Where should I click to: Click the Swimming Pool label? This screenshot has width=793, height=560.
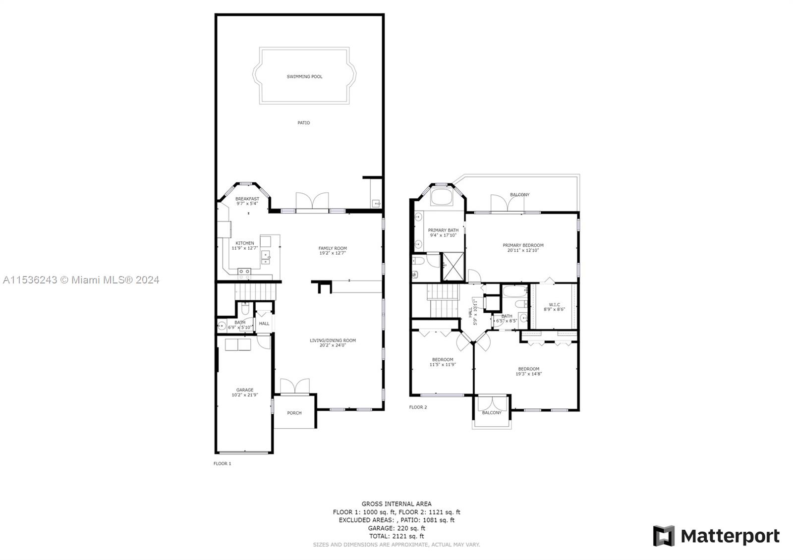[304, 76]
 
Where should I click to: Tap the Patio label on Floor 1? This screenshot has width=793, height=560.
[303, 123]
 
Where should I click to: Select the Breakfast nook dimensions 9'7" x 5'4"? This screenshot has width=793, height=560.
[247, 204]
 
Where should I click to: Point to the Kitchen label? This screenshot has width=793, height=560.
[245, 243]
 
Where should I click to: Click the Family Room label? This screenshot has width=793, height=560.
[333, 248]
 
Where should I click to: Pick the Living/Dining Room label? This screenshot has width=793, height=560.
[333, 340]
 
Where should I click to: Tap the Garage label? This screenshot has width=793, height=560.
[245, 390]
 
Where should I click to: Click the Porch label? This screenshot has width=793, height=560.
[294, 413]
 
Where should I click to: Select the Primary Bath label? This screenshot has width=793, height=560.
[443, 230]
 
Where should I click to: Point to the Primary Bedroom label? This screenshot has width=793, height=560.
[523, 245]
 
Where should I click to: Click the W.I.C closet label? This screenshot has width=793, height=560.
[555, 304]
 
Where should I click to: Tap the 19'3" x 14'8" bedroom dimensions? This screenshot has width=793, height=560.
[528, 374]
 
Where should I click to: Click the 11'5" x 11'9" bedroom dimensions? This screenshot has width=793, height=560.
[443, 364]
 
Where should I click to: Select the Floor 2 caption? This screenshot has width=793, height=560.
[418, 407]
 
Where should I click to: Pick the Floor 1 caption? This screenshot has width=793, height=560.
[222, 463]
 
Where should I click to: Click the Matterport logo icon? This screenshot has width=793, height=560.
[664, 536]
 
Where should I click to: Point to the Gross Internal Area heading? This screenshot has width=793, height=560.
[396, 504]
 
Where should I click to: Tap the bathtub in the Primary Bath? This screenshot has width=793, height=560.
[441, 197]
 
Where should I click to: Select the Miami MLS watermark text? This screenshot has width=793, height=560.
[81, 280]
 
